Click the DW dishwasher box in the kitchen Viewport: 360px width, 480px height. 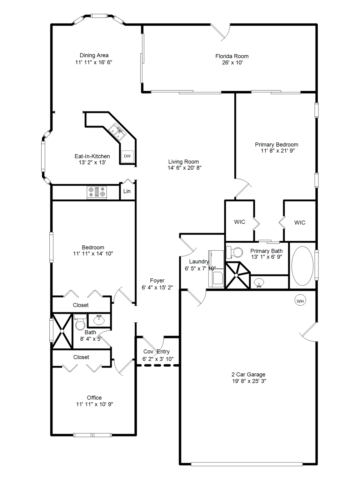pyautogui.click(x=127, y=156)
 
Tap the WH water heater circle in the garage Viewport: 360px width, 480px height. pyautogui.click(x=300, y=301)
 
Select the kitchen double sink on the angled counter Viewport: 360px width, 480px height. pyautogui.click(x=117, y=132)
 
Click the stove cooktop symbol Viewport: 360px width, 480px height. pyautogui.click(x=97, y=192)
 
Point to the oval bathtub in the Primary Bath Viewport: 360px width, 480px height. pyautogui.click(x=302, y=266)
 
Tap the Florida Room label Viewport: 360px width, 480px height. pyautogui.click(x=232, y=56)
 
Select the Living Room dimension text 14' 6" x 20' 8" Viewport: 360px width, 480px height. pyautogui.click(x=184, y=168)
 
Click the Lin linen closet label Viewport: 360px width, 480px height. pyautogui.click(x=127, y=191)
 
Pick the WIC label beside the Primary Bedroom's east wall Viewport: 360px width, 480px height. pyautogui.click(x=300, y=222)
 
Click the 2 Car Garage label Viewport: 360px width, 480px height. pyautogui.click(x=248, y=374)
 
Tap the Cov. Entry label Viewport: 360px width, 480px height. pyautogui.click(x=157, y=352)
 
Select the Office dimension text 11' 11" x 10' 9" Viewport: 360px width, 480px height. pyautogui.click(x=95, y=404)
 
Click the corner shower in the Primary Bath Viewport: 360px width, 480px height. pyautogui.click(x=237, y=275)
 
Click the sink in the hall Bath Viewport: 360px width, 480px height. pyautogui.click(x=99, y=320)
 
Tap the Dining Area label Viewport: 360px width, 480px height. pyautogui.click(x=94, y=55)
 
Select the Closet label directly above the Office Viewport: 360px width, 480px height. pyautogui.click(x=81, y=357)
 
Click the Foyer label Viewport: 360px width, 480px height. pyautogui.click(x=157, y=281)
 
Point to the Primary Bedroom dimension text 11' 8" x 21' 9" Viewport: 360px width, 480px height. pyautogui.click(x=278, y=151)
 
